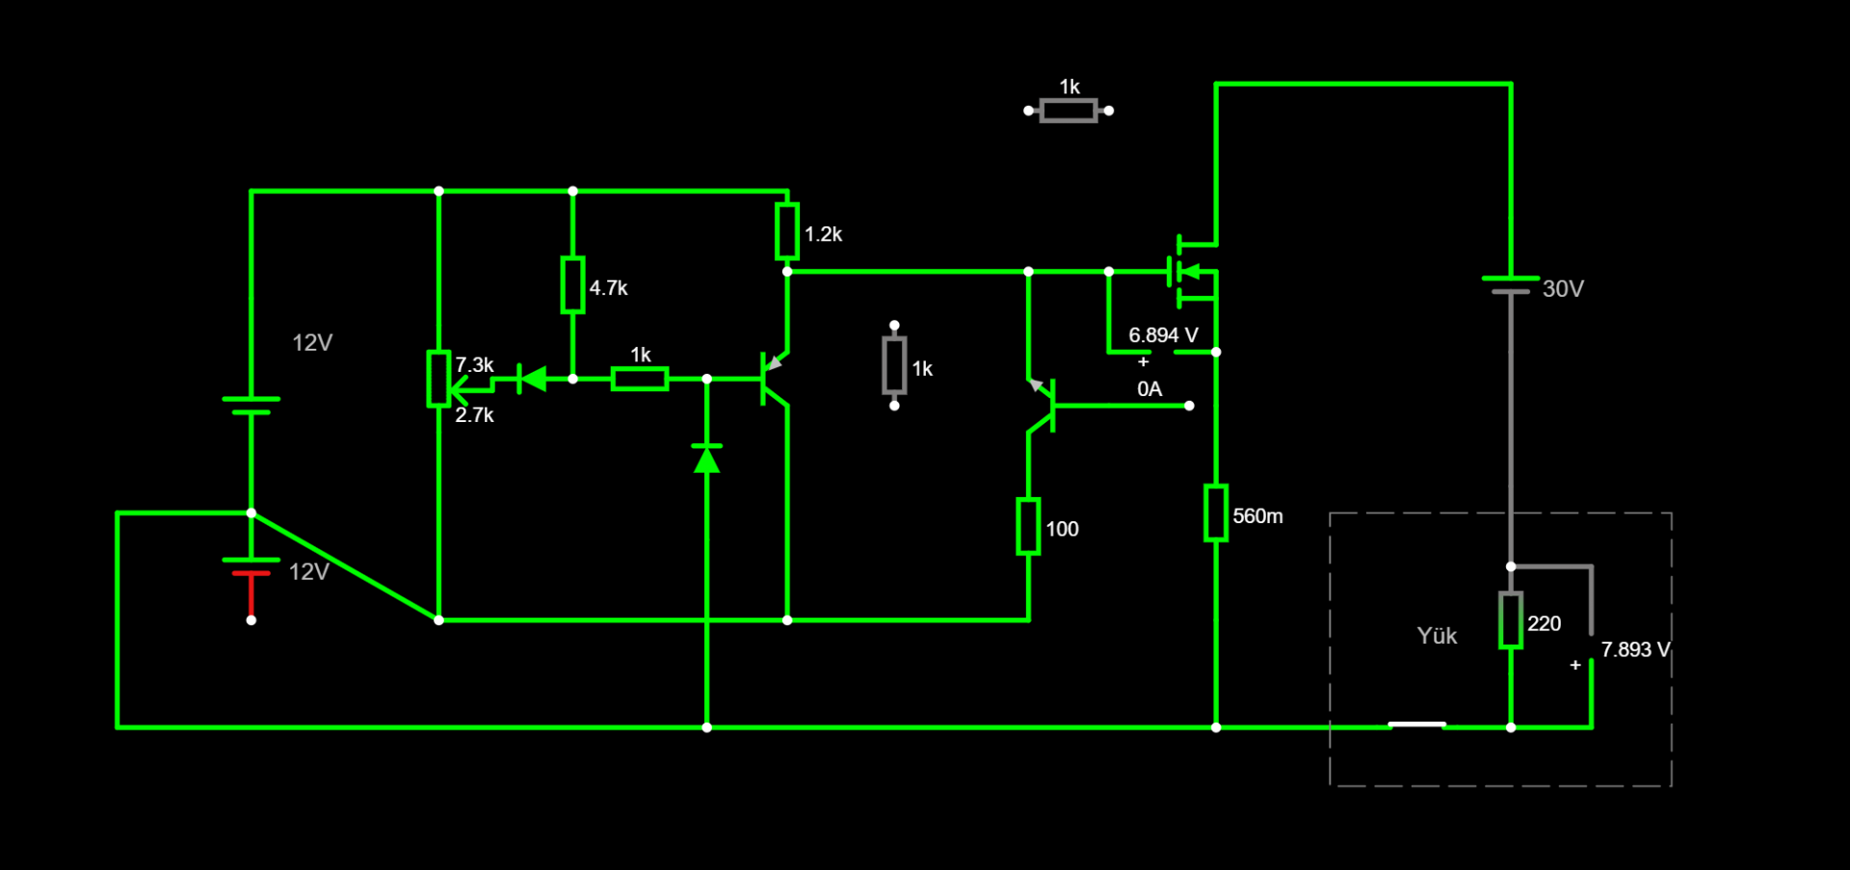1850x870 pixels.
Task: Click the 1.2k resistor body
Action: (787, 231)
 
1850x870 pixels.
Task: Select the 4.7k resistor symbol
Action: (572, 285)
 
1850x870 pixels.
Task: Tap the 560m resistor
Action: (1216, 514)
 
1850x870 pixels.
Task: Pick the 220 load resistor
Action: (1511, 620)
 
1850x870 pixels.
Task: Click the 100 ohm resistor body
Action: (1028, 526)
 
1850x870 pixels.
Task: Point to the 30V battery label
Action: (1563, 289)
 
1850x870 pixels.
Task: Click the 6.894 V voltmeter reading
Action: (1163, 335)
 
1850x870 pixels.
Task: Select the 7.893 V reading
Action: (1635, 649)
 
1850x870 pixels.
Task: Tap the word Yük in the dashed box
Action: (1437, 636)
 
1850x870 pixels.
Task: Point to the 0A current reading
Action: (1150, 389)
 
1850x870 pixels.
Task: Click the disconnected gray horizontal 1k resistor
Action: (1069, 111)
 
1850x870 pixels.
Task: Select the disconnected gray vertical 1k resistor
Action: (894, 366)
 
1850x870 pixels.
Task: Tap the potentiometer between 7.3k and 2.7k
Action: (439, 379)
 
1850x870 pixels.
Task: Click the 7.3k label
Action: (474, 365)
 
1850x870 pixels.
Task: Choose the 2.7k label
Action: (474, 415)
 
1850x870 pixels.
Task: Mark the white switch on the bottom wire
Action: (1416, 725)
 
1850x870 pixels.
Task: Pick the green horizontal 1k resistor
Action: (640, 379)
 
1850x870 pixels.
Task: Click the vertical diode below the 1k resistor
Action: (707, 460)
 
